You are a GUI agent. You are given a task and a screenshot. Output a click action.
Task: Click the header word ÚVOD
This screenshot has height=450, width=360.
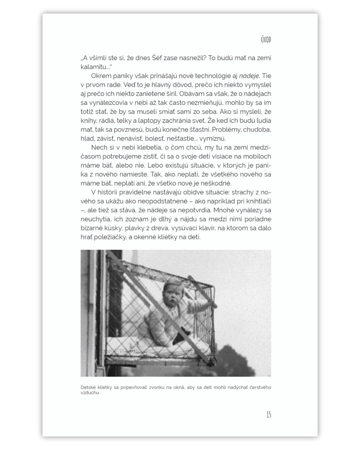point(266,40)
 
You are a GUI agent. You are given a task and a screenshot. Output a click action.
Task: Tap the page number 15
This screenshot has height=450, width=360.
point(268,415)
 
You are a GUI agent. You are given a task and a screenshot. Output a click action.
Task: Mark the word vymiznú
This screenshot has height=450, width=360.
point(213,139)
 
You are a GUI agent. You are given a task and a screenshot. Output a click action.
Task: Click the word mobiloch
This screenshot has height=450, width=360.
point(257,156)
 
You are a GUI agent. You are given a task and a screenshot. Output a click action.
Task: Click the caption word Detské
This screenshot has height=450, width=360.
point(88,388)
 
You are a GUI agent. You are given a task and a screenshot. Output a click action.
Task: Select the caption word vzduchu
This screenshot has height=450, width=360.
point(90,393)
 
